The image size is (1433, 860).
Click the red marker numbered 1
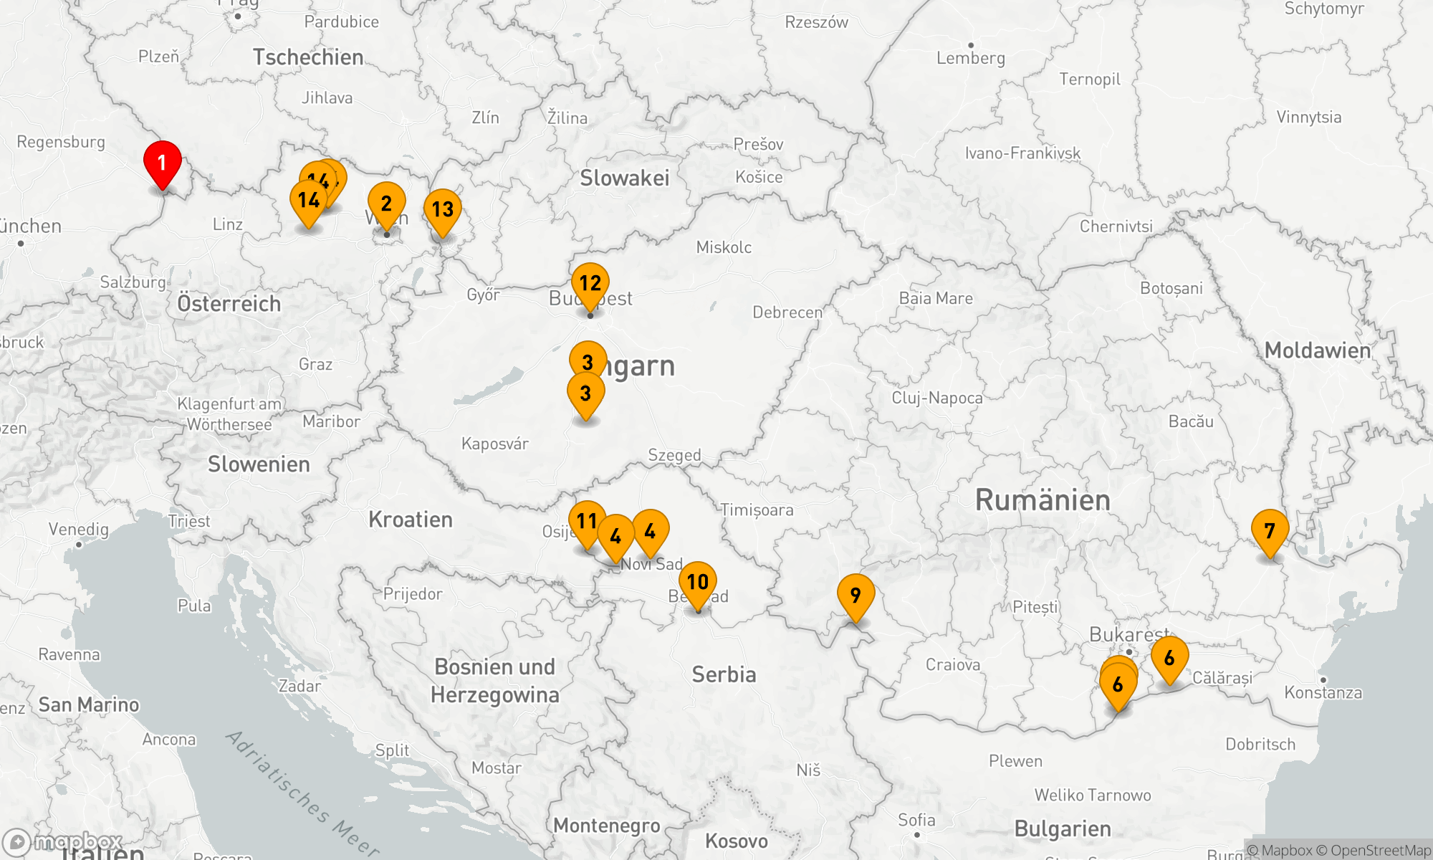[163, 163]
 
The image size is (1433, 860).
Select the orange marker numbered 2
[386, 204]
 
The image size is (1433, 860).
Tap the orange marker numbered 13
[443, 209]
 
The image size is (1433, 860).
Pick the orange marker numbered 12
[590, 283]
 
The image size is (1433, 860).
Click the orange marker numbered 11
[587, 521]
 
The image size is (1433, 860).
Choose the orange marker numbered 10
[698, 582]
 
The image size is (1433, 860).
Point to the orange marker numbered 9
[856, 595]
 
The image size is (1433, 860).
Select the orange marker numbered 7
[1270, 531]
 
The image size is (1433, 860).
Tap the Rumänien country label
[1043, 500]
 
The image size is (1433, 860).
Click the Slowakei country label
[624, 178]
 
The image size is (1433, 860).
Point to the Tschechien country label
[308, 57]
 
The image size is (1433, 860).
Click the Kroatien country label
[411, 520]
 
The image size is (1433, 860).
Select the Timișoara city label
[757, 510]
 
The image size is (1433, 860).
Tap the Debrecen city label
[787, 312]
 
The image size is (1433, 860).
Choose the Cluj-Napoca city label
[937, 398]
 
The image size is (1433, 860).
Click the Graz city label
[315, 365]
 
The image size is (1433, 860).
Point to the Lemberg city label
[971, 59]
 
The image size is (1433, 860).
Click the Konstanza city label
[1323, 693]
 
